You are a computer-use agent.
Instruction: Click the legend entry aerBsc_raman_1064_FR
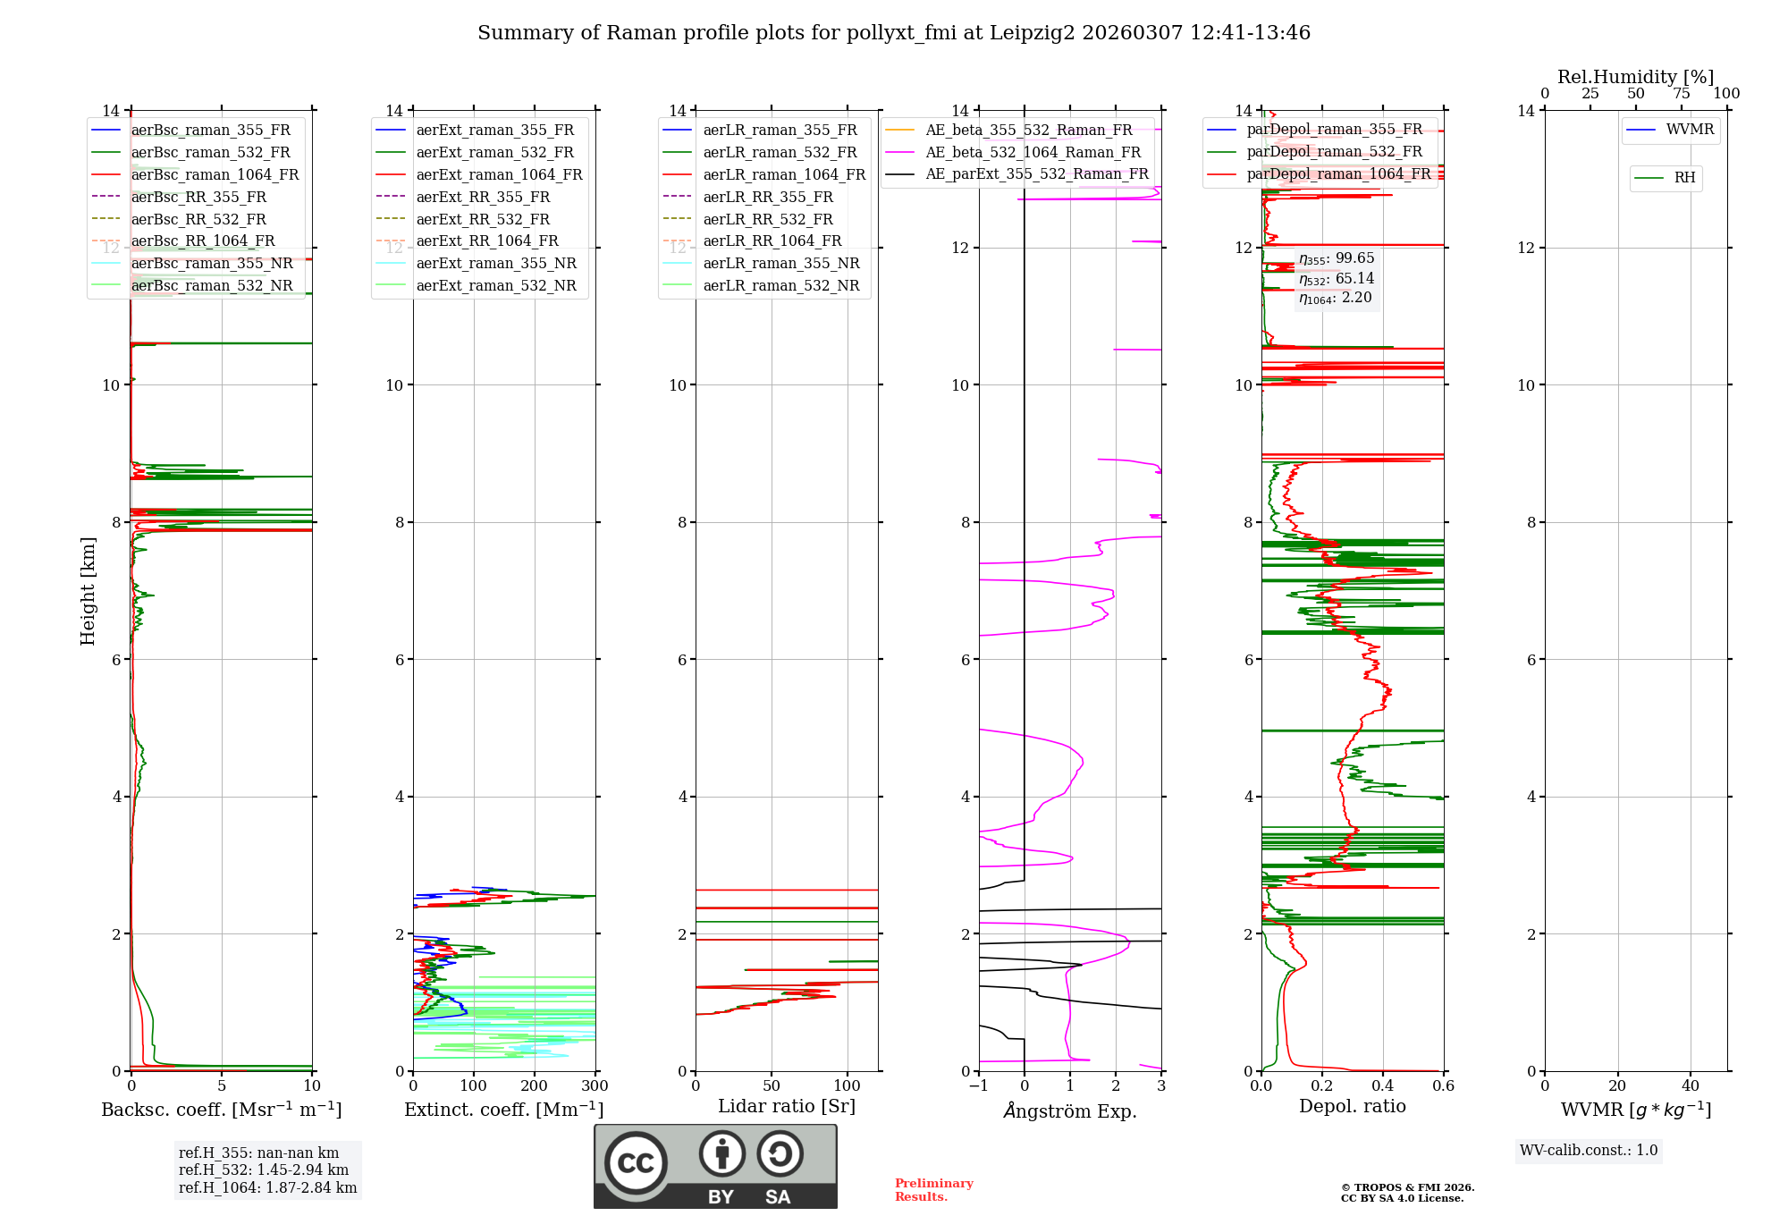(x=215, y=175)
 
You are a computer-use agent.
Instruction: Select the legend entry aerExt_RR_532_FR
(x=483, y=219)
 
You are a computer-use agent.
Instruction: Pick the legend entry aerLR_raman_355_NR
(x=780, y=264)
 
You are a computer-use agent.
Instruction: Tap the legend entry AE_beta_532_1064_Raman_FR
(x=1033, y=153)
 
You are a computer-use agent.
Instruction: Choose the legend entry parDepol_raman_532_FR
(x=1334, y=152)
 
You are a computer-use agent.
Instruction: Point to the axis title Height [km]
(x=88, y=590)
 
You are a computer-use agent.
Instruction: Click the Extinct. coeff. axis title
(x=503, y=1110)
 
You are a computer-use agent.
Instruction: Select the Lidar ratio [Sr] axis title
(x=786, y=1106)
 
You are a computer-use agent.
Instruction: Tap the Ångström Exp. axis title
(x=1069, y=1110)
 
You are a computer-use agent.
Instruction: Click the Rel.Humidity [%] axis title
(x=1635, y=77)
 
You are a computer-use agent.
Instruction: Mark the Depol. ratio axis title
(x=1352, y=1106)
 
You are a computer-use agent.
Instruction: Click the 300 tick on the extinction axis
(x=595, y=1086)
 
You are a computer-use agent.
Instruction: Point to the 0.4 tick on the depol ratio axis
(x=1382, y=1086)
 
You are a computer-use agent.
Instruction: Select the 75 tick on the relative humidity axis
(x=1681, y=94)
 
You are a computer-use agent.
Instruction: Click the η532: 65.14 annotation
(x=1337, y=279)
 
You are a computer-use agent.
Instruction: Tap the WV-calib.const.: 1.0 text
(x=1589, y=1151)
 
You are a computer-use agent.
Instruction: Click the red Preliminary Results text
(x=933, y=1190)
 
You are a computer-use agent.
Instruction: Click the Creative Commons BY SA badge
(x=715, y=1167)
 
